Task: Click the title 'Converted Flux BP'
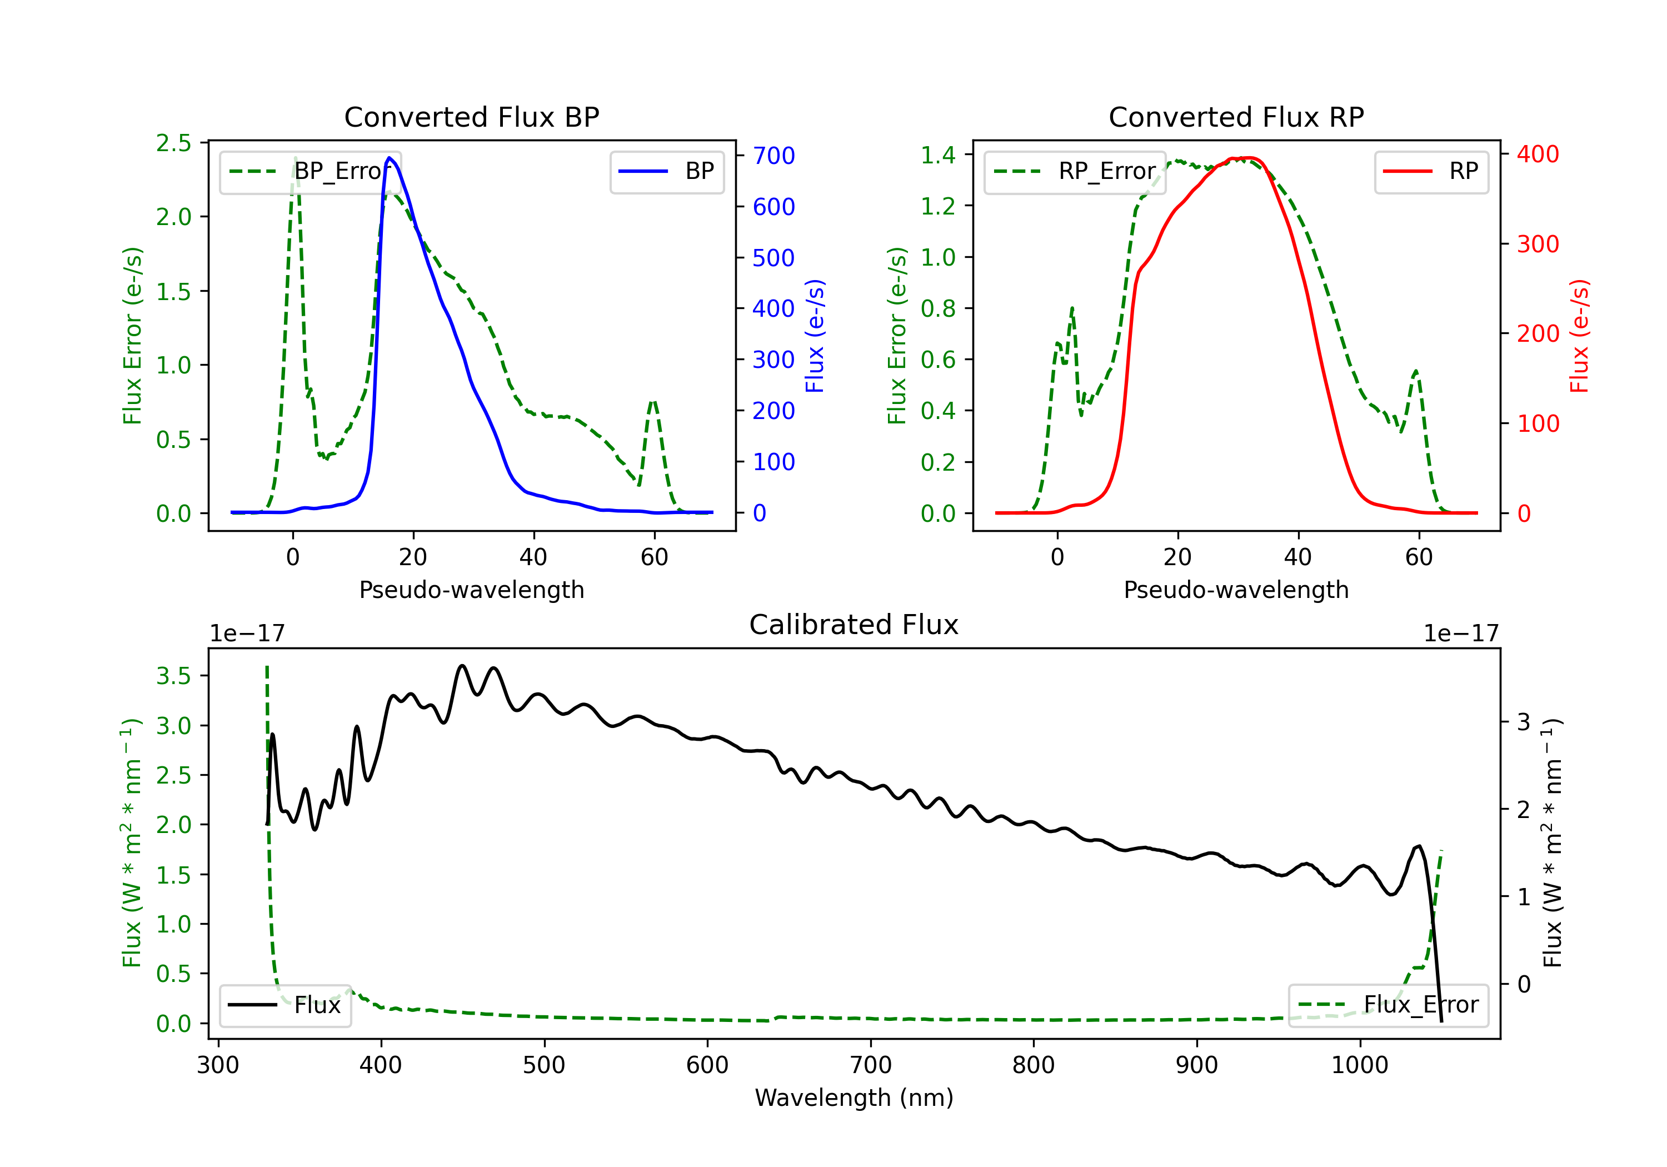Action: coord(471,117)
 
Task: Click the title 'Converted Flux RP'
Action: coord(1236,117)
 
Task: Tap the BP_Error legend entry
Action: coord(310,171)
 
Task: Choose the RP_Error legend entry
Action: coord(1075,171)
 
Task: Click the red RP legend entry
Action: coord(1431,171)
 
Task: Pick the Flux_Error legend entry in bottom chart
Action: coord(1388,1005)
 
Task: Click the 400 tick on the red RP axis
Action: coord(1538,154)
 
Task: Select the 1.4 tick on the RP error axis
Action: coord(938,154)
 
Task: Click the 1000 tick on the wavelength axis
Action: coord(1359,1065)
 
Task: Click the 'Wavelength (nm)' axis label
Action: coord(854,1098)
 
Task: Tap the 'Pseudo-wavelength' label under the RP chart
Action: coord(1236,590)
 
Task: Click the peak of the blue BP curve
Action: coord(390,158)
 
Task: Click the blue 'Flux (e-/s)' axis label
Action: coord(815,336)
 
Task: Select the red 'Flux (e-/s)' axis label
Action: coord(1579,336)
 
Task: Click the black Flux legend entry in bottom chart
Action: coord(285,1005)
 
